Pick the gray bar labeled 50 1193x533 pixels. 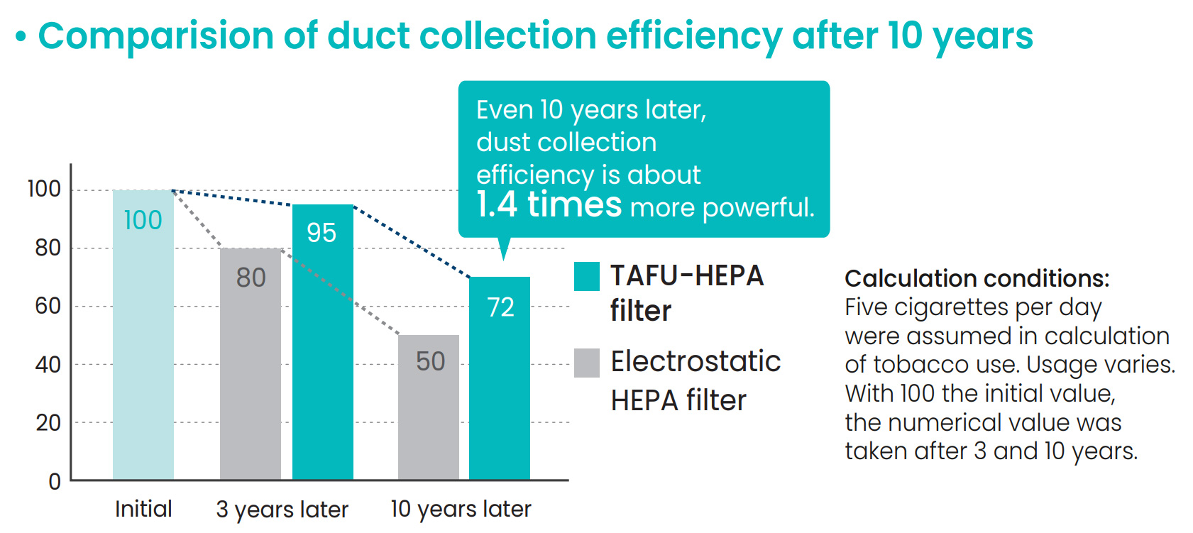click(428, 407)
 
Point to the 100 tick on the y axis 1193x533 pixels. click(44, 189)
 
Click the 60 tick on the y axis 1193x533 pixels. click(48, 306)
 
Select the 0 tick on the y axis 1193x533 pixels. click(54, 482)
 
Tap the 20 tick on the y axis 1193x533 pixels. click(48, 423)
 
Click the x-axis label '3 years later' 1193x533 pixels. click(282, 510)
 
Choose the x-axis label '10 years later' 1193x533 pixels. click(461, 509)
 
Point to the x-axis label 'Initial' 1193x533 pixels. click(143, 509)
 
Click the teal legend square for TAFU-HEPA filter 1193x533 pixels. click(587, 276)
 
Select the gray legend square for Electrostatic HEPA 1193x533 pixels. click(587, 363)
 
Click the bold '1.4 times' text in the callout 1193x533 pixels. click(549, 204)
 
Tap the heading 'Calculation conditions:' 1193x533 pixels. click(977, 278)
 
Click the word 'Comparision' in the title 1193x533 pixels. click(155, 35)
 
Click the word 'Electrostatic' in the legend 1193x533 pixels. click(696, 361)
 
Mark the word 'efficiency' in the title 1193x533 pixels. click(693, 35)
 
